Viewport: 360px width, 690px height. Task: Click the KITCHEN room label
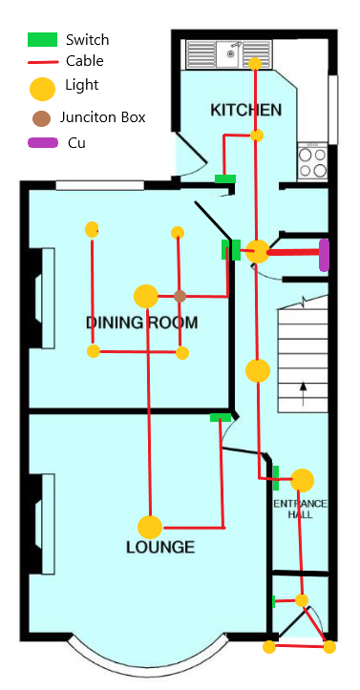pyautogui.click(x=245, y=110)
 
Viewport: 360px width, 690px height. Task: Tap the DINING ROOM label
pyautogui.click(x=141, y=323)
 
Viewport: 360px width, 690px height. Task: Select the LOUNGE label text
pyautogui.click(x=160, y=547)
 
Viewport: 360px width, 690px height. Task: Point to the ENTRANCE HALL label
pyautogui.click(x=301, y=509)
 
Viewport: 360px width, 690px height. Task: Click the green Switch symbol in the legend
pyautogui.click(x=43, y=39)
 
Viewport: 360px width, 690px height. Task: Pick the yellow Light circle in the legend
pyautogui.click(x=42, y=89)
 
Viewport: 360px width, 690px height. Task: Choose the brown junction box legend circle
pyautogui.click(x=41, y=118)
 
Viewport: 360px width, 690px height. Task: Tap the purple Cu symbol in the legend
pyautogui.click(x=43, y=142)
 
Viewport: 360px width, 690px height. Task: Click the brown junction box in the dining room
pyautogui.click(x=180, y=296)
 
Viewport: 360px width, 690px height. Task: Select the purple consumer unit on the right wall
pyautogui.click(x=324, y=255)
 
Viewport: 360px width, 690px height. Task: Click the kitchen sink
pyautogui.click(x=229, y=54)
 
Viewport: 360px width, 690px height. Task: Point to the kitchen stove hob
pyautogui.click(x=312, y=161)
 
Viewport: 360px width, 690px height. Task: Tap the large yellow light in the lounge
pyautogui.click(x=150, y=527)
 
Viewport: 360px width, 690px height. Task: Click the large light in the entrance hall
pyautogui.click(x=303, y=480)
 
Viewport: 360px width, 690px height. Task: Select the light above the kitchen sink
pyautogui.click(x=255, y=63)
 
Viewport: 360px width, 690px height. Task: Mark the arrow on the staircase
pyautogui.click(x=303, y=394)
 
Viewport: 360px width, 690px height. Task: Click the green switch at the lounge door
pyautogui.click(x=221, y=418)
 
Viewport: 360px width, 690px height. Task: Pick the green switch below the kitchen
pyautogui.click(x=225, y=179)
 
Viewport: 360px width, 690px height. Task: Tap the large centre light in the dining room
pyautogui.click(x=146, y=296)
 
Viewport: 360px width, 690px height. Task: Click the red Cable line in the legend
pyautogui.click(x=43, y=62)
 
